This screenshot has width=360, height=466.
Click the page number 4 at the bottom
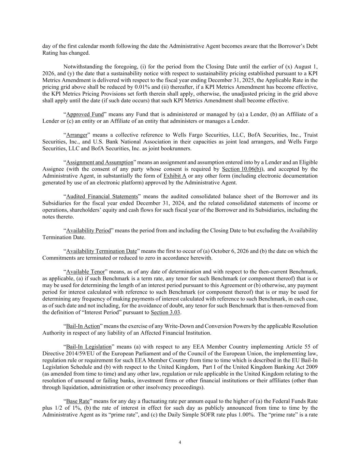coord(180,443)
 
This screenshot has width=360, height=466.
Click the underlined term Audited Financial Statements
coord(102,196)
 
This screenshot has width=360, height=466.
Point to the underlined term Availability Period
coord(88,230)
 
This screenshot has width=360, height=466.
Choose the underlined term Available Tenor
coord(85,272)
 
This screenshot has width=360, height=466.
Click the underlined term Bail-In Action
coord(83,326)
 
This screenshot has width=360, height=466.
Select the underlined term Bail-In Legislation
coord(89,347)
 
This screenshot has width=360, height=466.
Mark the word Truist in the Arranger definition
coord(310,135)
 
